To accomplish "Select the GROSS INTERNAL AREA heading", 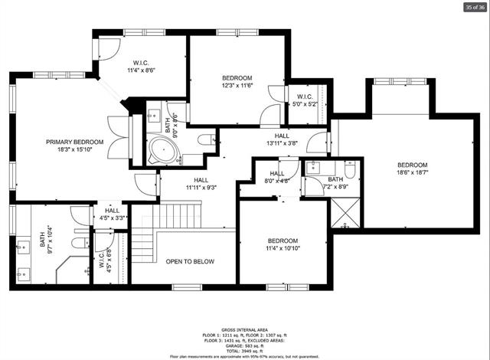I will tap(244, 326).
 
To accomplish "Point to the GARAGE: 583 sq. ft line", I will tap(244, 342).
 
